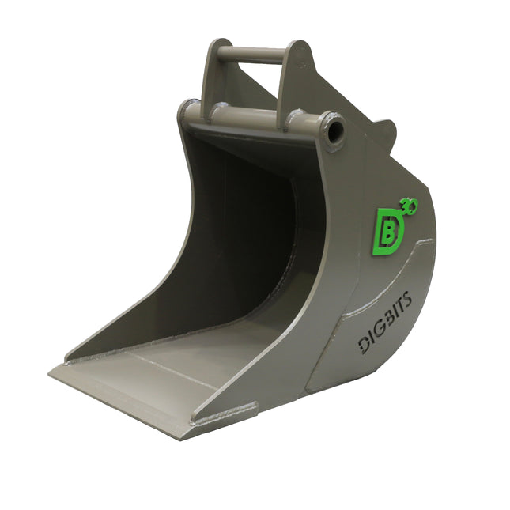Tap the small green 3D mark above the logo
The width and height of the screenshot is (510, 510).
pos(411,205)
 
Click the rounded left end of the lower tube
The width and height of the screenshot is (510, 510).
pos(188,111)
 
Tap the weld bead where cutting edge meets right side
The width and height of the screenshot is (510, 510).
pos(225,414)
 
